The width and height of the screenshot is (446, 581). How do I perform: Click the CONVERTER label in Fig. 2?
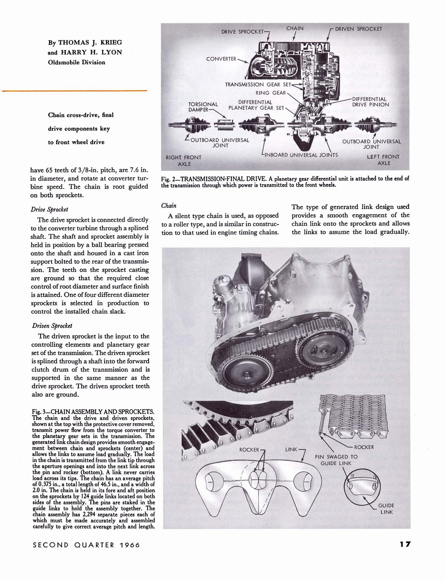tap(221, 59)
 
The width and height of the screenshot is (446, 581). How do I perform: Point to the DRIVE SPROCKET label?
tap(242, 32)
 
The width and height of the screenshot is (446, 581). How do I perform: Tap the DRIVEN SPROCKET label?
tap(358, 29)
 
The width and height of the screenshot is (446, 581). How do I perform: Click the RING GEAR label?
tap(271, 93)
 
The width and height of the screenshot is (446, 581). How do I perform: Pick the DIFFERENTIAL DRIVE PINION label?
tap(370, 102)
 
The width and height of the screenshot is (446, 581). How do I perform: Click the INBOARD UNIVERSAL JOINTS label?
tap(301, 155)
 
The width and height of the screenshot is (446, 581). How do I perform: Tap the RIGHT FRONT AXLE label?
tap(183, 161)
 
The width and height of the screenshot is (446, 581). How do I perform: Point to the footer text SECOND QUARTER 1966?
tap(86, 545)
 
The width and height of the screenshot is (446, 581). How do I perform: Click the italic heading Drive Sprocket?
tap(49, 210)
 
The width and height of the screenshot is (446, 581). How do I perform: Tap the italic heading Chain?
tap(169, 206)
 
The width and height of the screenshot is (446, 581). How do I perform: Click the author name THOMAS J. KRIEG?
tap(85, 42)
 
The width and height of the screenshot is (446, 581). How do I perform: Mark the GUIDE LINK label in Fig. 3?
tap(386, 508)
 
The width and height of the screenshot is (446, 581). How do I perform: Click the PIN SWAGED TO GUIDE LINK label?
tap(336, 460)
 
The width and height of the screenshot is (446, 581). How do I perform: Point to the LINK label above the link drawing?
tap(291, 450)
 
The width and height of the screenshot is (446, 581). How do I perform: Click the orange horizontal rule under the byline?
tap(74, 90)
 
